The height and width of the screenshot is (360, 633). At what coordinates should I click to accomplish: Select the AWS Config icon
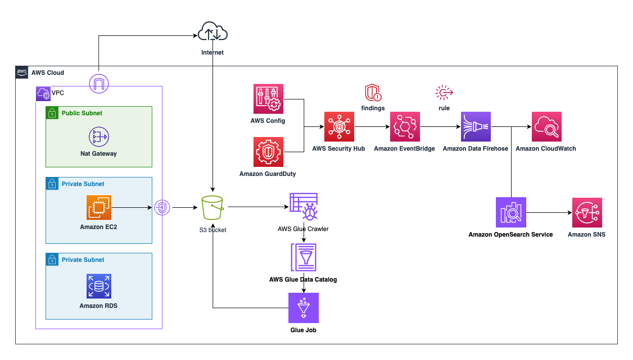click(268, 99)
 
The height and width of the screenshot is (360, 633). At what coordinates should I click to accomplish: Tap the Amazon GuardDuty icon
click(268, 152)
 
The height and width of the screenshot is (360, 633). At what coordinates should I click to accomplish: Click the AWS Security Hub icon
click(339, 126)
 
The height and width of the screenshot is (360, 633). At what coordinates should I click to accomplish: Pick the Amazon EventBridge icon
click(405, 126)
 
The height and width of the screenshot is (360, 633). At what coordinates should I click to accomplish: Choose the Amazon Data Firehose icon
click(476, 126)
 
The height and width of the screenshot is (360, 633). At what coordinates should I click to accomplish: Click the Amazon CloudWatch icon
click(546, 126)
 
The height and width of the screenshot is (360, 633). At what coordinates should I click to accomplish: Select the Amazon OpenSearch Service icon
click(511, 212)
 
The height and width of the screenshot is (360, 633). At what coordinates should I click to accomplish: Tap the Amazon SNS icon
click(587, 212)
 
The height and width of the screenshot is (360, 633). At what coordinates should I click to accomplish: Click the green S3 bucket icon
click(213, 207)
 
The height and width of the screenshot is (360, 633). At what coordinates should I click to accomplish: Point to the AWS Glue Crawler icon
click(304, 207)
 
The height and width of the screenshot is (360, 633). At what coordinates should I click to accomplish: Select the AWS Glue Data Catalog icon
click(304, 257)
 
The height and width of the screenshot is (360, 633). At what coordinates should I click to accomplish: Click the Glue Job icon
click(304, 308)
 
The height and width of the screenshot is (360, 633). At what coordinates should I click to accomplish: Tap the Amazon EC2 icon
click(99, 207)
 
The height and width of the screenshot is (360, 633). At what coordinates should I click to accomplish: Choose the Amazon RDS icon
click(99, 286)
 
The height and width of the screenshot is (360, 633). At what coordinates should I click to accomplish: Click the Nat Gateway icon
click(99, 137)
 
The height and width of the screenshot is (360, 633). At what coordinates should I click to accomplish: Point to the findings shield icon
click(373, 93)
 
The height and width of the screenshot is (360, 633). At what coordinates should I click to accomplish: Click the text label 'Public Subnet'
click(82, 113)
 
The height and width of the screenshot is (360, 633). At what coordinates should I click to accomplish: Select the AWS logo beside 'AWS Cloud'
click(22, 72)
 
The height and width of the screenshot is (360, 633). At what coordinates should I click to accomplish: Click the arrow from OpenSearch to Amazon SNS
click(549, 212)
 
